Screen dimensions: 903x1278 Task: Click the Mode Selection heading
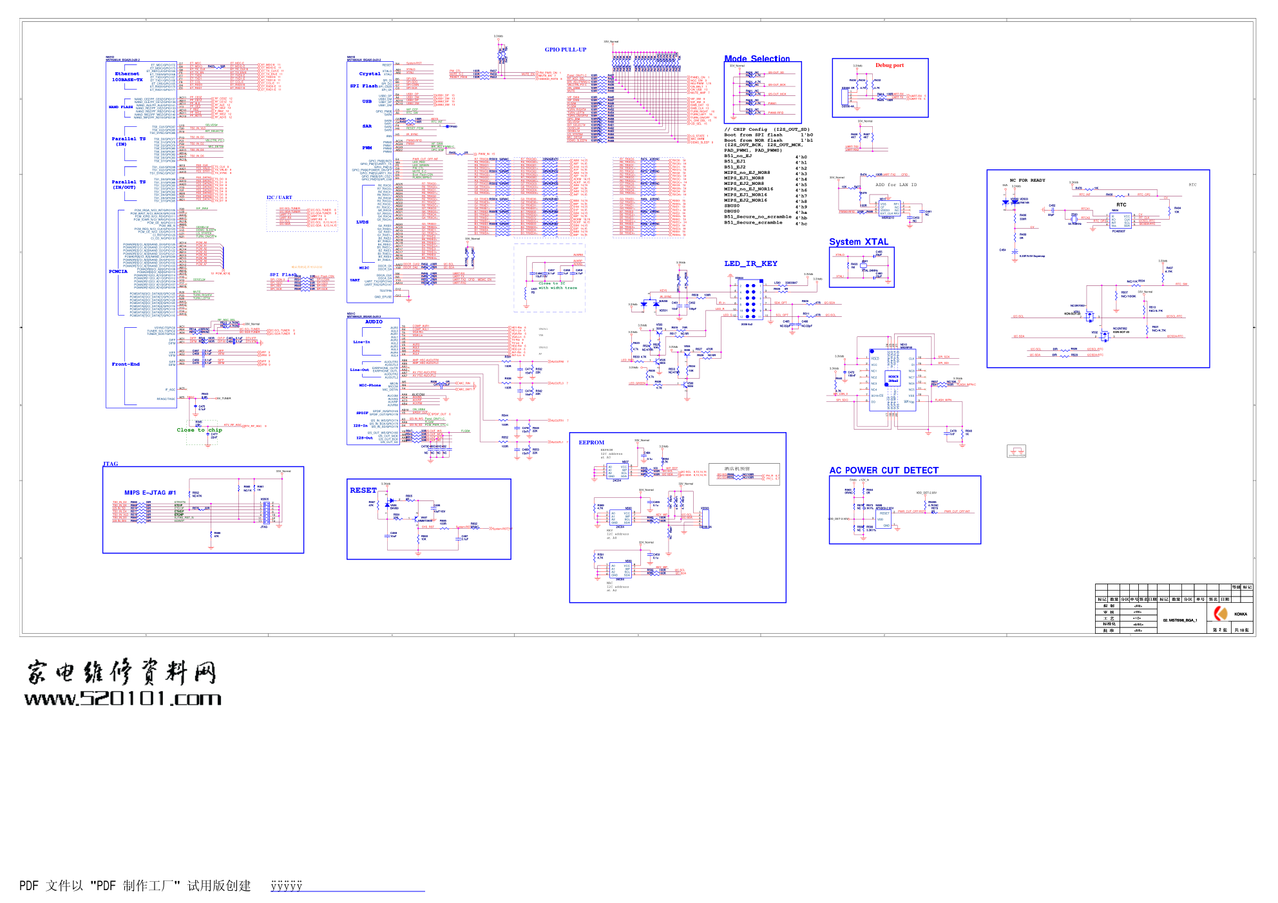[x=756, y=59]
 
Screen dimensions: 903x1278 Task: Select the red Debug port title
[x=889, y=65]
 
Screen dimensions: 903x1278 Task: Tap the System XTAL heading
[x=858, y=242]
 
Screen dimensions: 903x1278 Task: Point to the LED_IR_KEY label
[x=750, y=263]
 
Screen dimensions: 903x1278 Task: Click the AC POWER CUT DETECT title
[x=883, y=470]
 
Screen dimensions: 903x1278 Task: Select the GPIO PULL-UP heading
[x=565, y=50]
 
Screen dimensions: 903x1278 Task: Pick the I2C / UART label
[x=279, y=198]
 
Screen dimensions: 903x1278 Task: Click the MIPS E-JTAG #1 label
[x=149, y=493]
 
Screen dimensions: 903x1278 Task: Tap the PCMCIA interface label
[x=118, y=271]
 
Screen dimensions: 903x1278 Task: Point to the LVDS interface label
[x=362, y=222]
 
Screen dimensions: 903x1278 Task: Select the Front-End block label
[x=126, y=364]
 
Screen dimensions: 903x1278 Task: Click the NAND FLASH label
[x=120, y=107]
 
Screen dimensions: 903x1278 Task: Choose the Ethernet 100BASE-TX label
[x=127, y=77]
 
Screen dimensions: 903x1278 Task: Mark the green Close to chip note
[x=199, y=430]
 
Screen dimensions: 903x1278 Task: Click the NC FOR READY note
[x=1027, y=180]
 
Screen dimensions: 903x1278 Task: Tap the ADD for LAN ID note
[x=895, y=185]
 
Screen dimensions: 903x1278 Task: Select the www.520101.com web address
[x=122, y=698]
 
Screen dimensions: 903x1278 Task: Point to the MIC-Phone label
[x=370, y=385]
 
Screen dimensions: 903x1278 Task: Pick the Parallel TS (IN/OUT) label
[x=128, y=184]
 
